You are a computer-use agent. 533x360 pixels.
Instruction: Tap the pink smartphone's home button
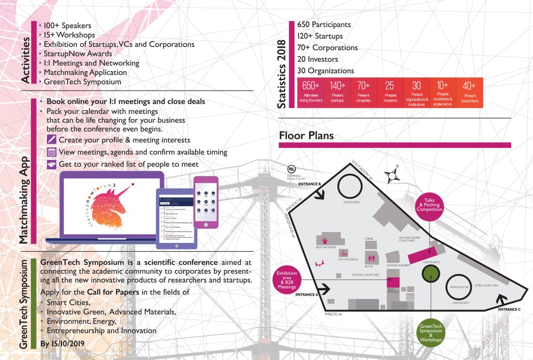coord(206,225)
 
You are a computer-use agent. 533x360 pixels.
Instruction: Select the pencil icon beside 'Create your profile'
coord(52,139)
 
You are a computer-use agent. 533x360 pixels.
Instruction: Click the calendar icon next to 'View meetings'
coord(52,152)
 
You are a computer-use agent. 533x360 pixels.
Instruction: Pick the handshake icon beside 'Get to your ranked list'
coord(52,164)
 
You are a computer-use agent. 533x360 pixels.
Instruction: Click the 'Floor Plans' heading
coord(306,136)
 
